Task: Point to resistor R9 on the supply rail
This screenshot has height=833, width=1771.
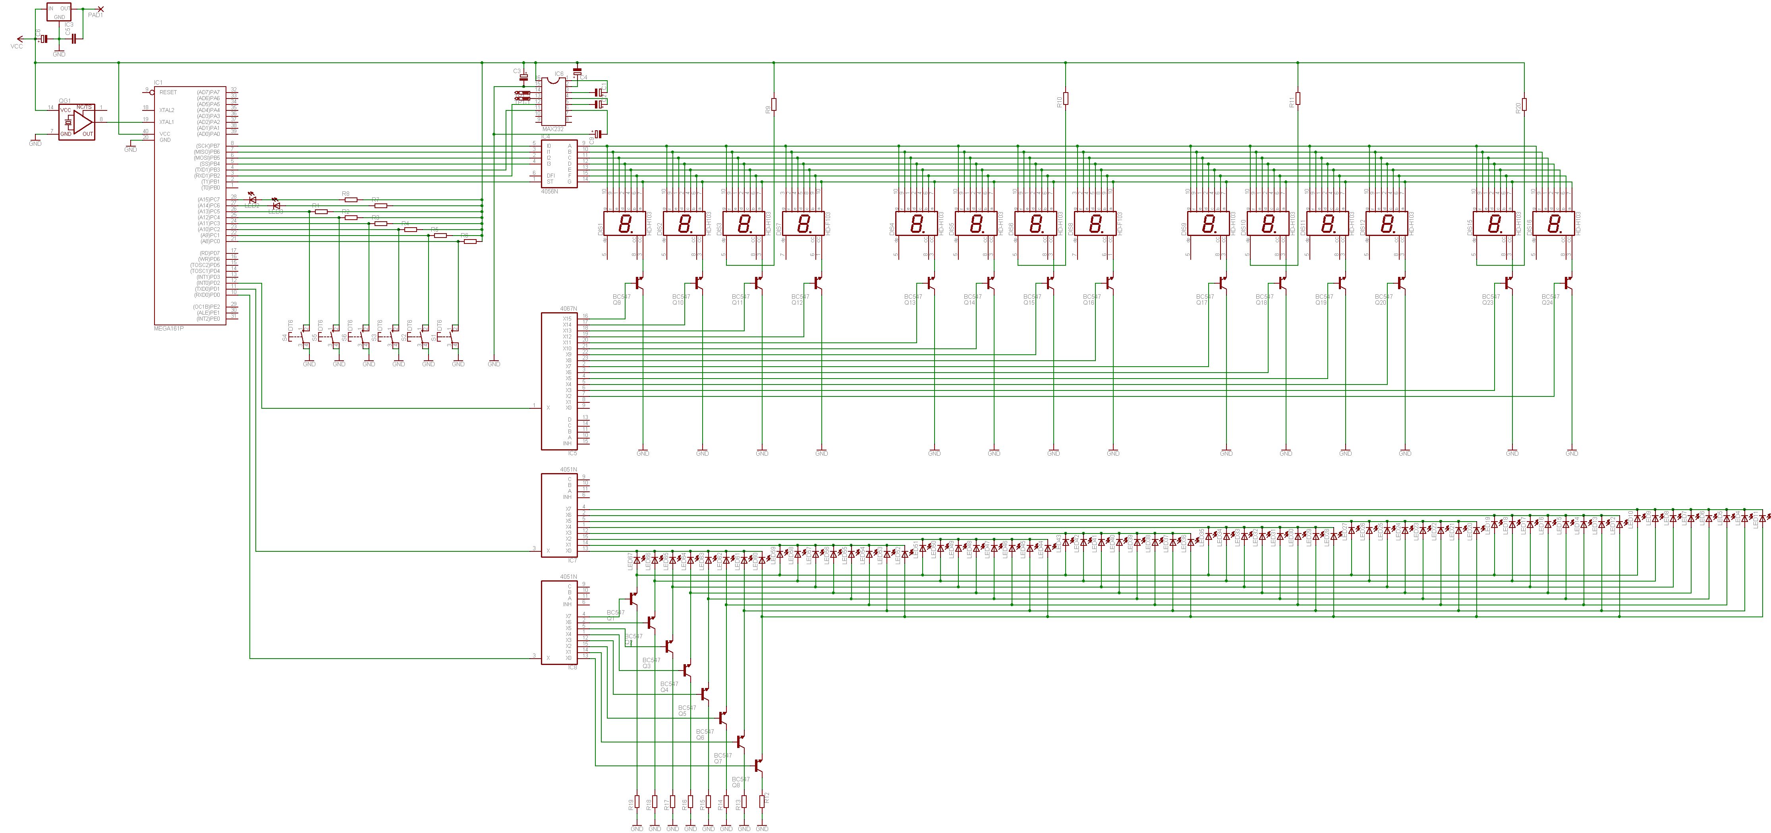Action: coord(774,104)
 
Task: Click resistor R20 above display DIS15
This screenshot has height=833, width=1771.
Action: coord(1524,104)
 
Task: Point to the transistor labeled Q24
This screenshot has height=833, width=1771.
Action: coord(1568,282)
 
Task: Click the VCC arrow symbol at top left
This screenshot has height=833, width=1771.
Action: coord(19,39)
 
